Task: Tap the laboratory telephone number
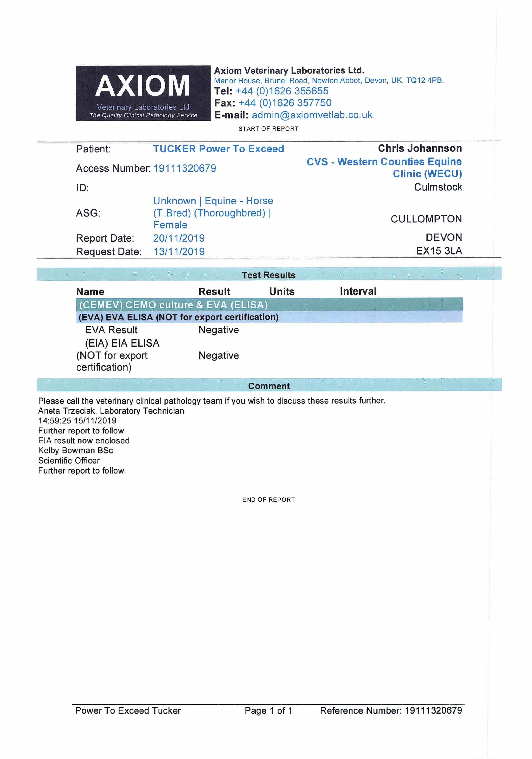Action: [282, 91]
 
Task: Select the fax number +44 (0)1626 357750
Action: [285, 103]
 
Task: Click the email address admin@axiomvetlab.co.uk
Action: [312, 115]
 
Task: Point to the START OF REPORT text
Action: [268, 129]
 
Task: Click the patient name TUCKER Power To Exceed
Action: [218, 149]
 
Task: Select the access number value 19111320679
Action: [185, 168]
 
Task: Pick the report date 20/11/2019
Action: [179, 238]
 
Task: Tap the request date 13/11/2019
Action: [179, 251]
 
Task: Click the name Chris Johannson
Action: [420, 148]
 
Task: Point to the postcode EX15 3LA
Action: [439, 251]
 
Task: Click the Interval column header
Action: [358, 291]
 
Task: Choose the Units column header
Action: [282, 291]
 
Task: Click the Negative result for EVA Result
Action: [219, 330]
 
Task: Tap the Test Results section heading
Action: [268, 275]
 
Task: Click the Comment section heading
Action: [269, 386]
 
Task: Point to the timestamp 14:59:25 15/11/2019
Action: [77, 421]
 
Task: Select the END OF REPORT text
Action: [268, 500]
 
